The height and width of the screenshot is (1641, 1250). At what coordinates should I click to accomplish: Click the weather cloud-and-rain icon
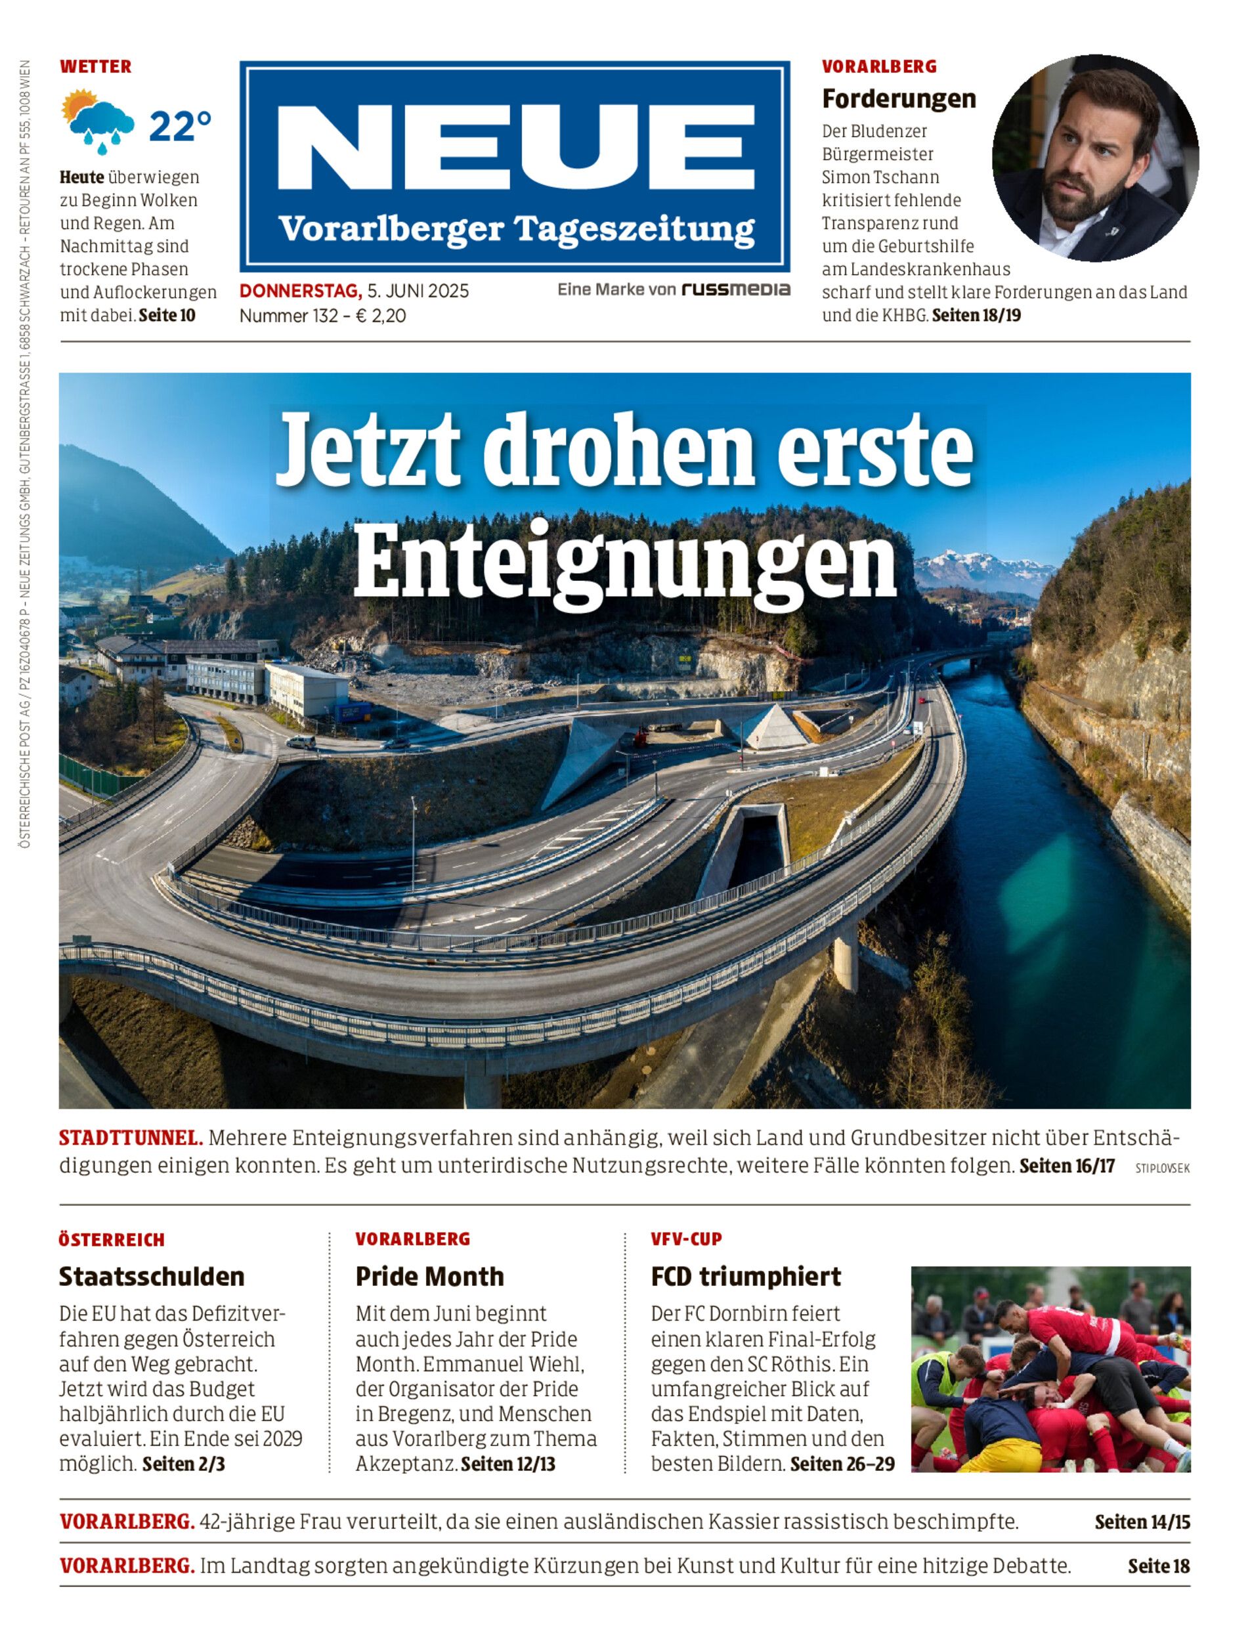(x=99, y=121)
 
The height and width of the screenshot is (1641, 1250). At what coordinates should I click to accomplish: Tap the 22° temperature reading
(x=180, y=126)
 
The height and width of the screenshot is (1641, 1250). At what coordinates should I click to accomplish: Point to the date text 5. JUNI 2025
(x=418, y=291)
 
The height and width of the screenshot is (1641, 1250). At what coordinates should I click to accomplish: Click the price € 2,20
(x=380, y=316)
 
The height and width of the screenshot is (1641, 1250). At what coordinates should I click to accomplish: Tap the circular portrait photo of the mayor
(x=1094, y=158)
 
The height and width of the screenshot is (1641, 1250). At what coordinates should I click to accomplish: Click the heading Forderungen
(x=899, y=98)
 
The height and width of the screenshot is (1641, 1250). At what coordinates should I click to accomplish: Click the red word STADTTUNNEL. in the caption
(x=131, y=1138)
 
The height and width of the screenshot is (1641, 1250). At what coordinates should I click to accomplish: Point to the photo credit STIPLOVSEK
(x=1162, y=1168)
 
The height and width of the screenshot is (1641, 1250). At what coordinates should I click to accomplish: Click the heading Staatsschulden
(x=152, y=1277)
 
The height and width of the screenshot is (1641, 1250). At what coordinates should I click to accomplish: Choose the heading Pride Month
(x=429, y=1277)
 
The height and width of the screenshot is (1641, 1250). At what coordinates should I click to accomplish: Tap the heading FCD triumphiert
(x=746, y=1277)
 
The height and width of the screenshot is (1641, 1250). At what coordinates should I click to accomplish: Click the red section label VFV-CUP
(x=686, y=1239)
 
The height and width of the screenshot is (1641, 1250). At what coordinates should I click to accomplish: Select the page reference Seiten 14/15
(x=1142, y=1522)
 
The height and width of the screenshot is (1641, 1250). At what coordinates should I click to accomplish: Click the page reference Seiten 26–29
(x=842, y=1464)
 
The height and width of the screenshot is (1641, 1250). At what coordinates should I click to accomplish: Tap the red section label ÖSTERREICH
(x=112, y=1240)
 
